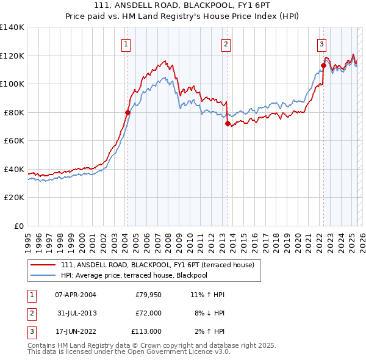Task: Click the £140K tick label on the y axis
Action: point(12,27)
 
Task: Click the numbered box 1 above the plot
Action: point(126,43)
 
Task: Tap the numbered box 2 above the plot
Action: point(226,43)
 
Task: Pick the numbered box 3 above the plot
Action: point(321,43)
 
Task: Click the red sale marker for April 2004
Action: point(127,112)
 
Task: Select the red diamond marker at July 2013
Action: point(228,124)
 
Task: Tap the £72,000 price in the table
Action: point(148,313)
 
